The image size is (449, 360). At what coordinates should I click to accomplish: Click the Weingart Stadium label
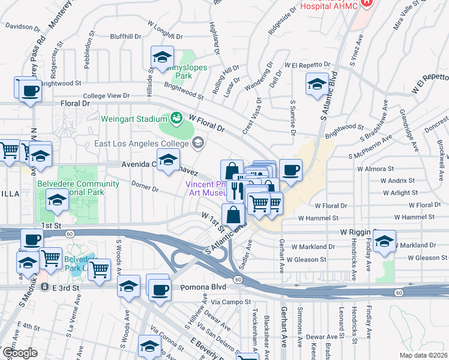(x=134, y=118)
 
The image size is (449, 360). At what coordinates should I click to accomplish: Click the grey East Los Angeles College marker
(x=198, y=143)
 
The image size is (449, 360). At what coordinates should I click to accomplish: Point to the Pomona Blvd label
(x=201, y=289)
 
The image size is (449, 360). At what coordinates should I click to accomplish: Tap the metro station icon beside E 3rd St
(x=44, y=287)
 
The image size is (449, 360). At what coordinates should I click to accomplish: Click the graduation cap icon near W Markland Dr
(x=384, y=241)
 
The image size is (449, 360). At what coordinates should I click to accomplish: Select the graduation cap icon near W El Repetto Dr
(x=316, y=84)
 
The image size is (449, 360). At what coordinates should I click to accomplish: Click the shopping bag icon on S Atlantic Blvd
(x=233, y=214)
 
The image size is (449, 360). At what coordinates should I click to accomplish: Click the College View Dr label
(x=106, y=95)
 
